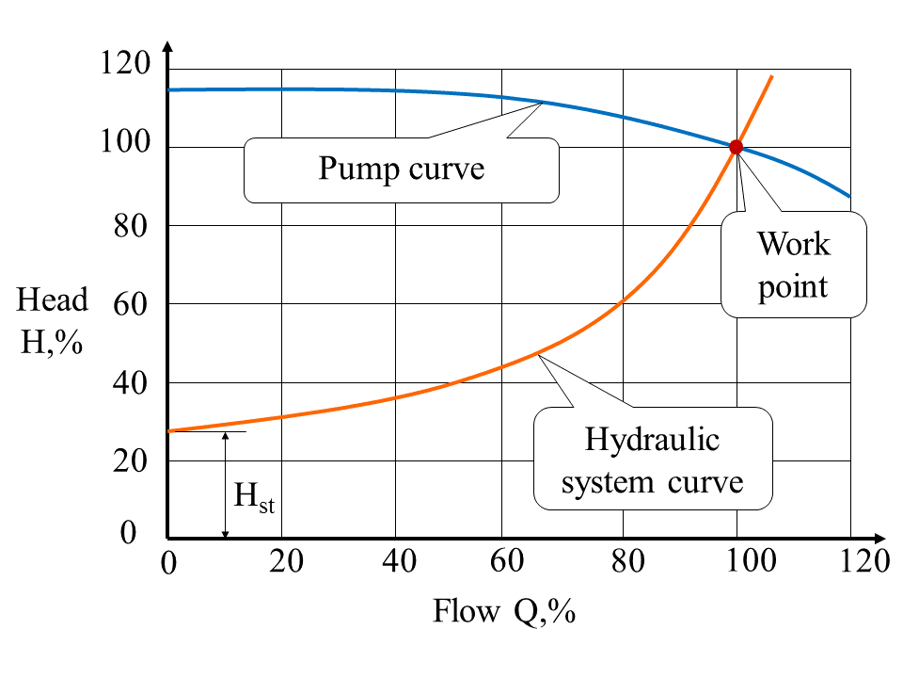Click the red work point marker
pos(736,147)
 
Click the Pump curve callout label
pos(402,169)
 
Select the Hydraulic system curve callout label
pos(652,460)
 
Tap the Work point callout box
pos(794,265)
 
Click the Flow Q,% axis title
pos(503,612)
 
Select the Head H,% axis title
pos(52,320)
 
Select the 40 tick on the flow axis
pos(398,562)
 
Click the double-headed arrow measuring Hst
pos(226,485)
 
